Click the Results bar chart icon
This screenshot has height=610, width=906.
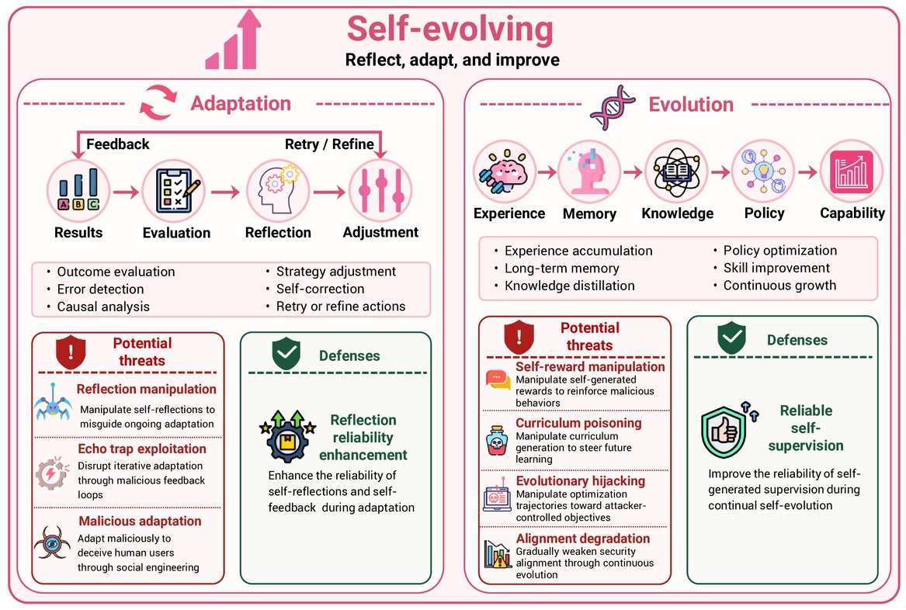[x=78, y=191]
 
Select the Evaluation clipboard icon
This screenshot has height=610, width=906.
[x=174, y=191]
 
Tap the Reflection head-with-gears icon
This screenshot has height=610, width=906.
[x=278, y=191]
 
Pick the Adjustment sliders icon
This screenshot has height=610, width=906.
[x=380, y=191]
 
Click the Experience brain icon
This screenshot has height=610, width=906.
[x=505, y=172]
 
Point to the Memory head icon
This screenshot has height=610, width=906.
[x=588, y=172]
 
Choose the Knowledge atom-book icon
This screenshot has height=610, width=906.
[x=676, y=172]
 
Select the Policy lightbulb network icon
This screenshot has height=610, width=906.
[x=763, y=172]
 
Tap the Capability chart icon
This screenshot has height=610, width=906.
[x=852, y=172]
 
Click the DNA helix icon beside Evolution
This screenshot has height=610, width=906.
[x=613, y=107]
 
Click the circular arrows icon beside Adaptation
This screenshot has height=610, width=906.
[x=158, y=102]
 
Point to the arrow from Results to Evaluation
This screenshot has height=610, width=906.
[x=126, y=192]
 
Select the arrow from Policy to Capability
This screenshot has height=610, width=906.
[x=807, y=172]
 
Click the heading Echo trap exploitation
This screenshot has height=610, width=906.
[x=142, y=449]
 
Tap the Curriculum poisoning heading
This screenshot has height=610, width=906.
[x=578, y=423]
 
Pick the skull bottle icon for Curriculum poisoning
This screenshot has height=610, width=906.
[x=497, y=440]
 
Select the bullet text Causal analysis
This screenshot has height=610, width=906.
[x=103, y=307]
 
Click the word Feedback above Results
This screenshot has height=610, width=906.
[x=118, y=144]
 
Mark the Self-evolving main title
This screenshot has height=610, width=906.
[x=450, y=29]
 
